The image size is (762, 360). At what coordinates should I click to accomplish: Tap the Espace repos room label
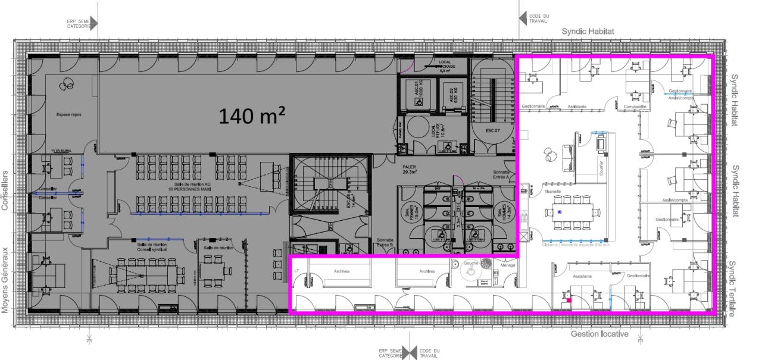click(68, 114)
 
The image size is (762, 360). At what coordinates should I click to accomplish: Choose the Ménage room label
click(508, 266)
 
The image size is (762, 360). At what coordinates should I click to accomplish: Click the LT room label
click(297, 271)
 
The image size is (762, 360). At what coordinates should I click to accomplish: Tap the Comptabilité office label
click(635, 107)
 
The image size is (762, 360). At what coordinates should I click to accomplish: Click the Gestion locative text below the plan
click(599, 334)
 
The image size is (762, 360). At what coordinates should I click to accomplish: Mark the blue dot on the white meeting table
click(560, 212)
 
